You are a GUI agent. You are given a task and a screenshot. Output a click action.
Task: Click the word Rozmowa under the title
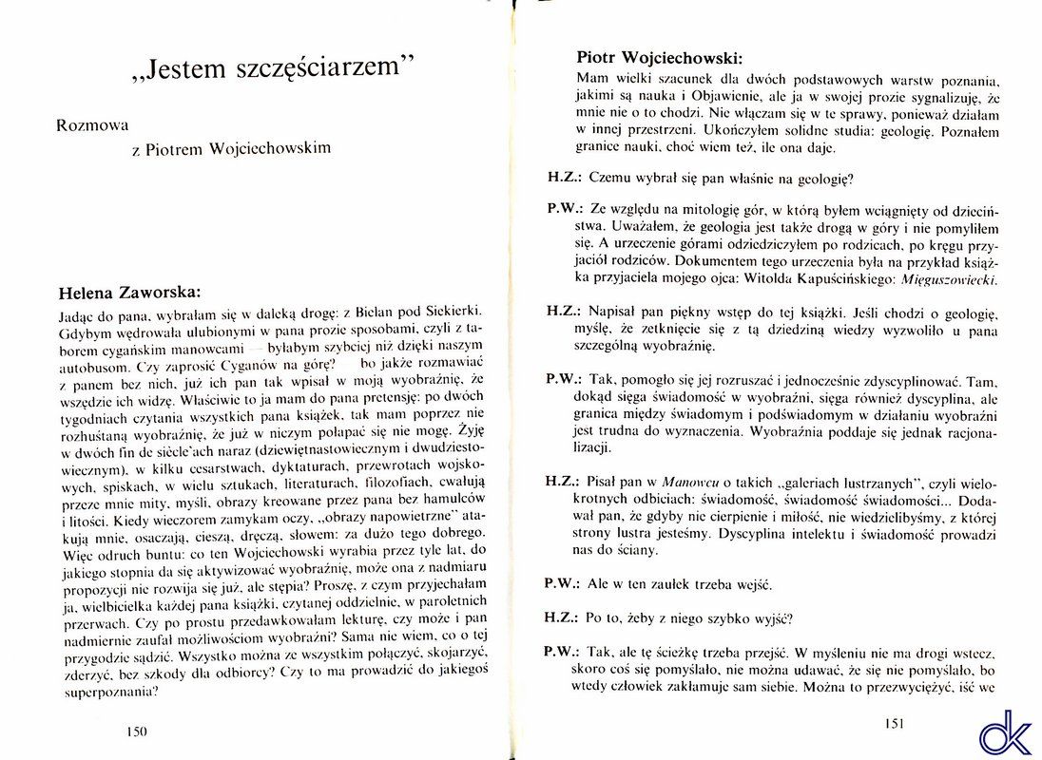[93, 123]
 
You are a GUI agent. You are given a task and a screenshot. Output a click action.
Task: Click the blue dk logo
[1006, 731]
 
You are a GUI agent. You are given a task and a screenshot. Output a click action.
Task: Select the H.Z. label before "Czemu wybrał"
[564, 177]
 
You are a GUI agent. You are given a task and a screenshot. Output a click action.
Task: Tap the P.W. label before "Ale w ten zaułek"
[564, 582]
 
